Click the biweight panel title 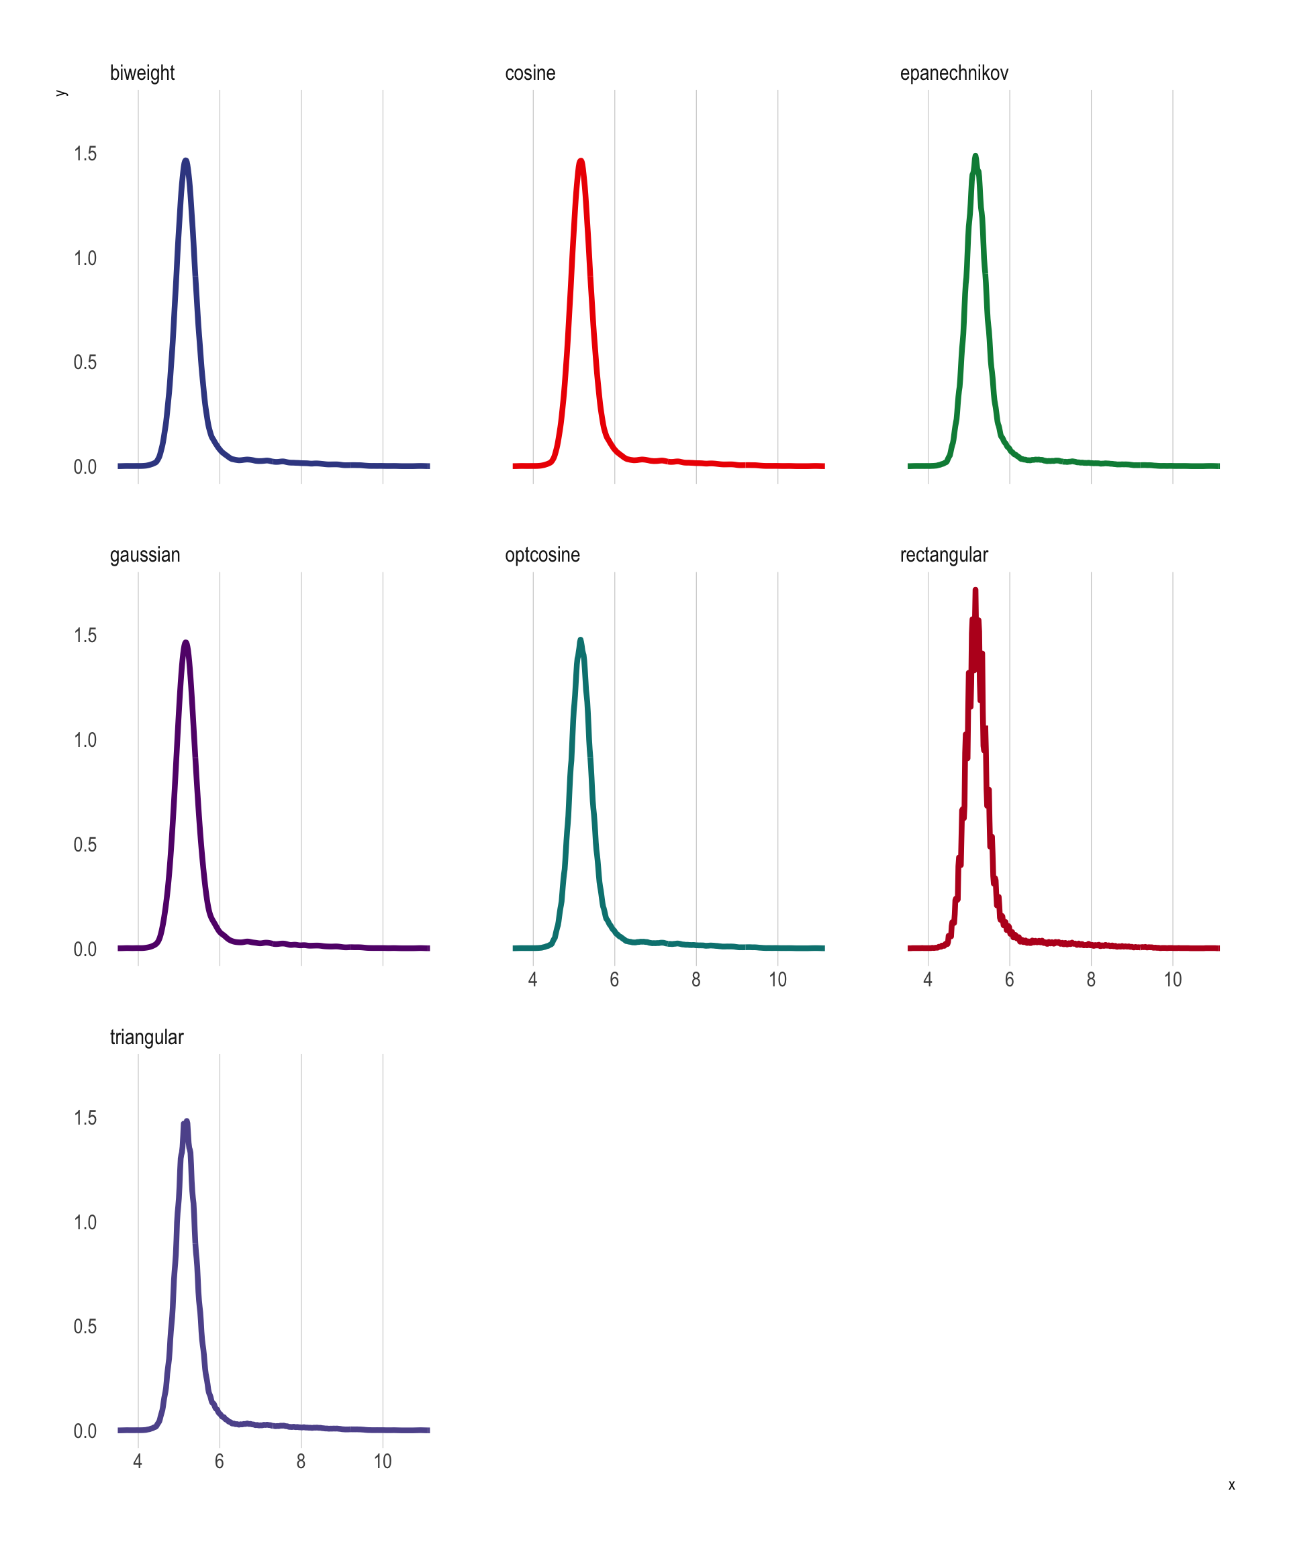(x=142, y=74)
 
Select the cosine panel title (x=530, y=74)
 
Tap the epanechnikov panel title (x=953, y=74)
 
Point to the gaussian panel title (x=144, y=555)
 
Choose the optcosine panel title (x=542, y=555)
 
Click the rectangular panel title (x=943, y=555)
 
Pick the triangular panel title (x=146, y=1037)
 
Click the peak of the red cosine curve (x=581, y=161)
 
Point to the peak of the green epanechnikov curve (x=975, y=157)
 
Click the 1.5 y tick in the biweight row (x=85, y=154)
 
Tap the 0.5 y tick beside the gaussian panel (x=85, y=844)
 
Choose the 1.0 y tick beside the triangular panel (x=85, y=1222)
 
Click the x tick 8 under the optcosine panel (x=696, y=980)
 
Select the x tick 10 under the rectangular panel (x=1173, y=980)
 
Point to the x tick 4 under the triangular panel (x=138, y=1462)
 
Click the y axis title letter (x=62, y=93)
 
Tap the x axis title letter (x=1231, y=1486)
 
